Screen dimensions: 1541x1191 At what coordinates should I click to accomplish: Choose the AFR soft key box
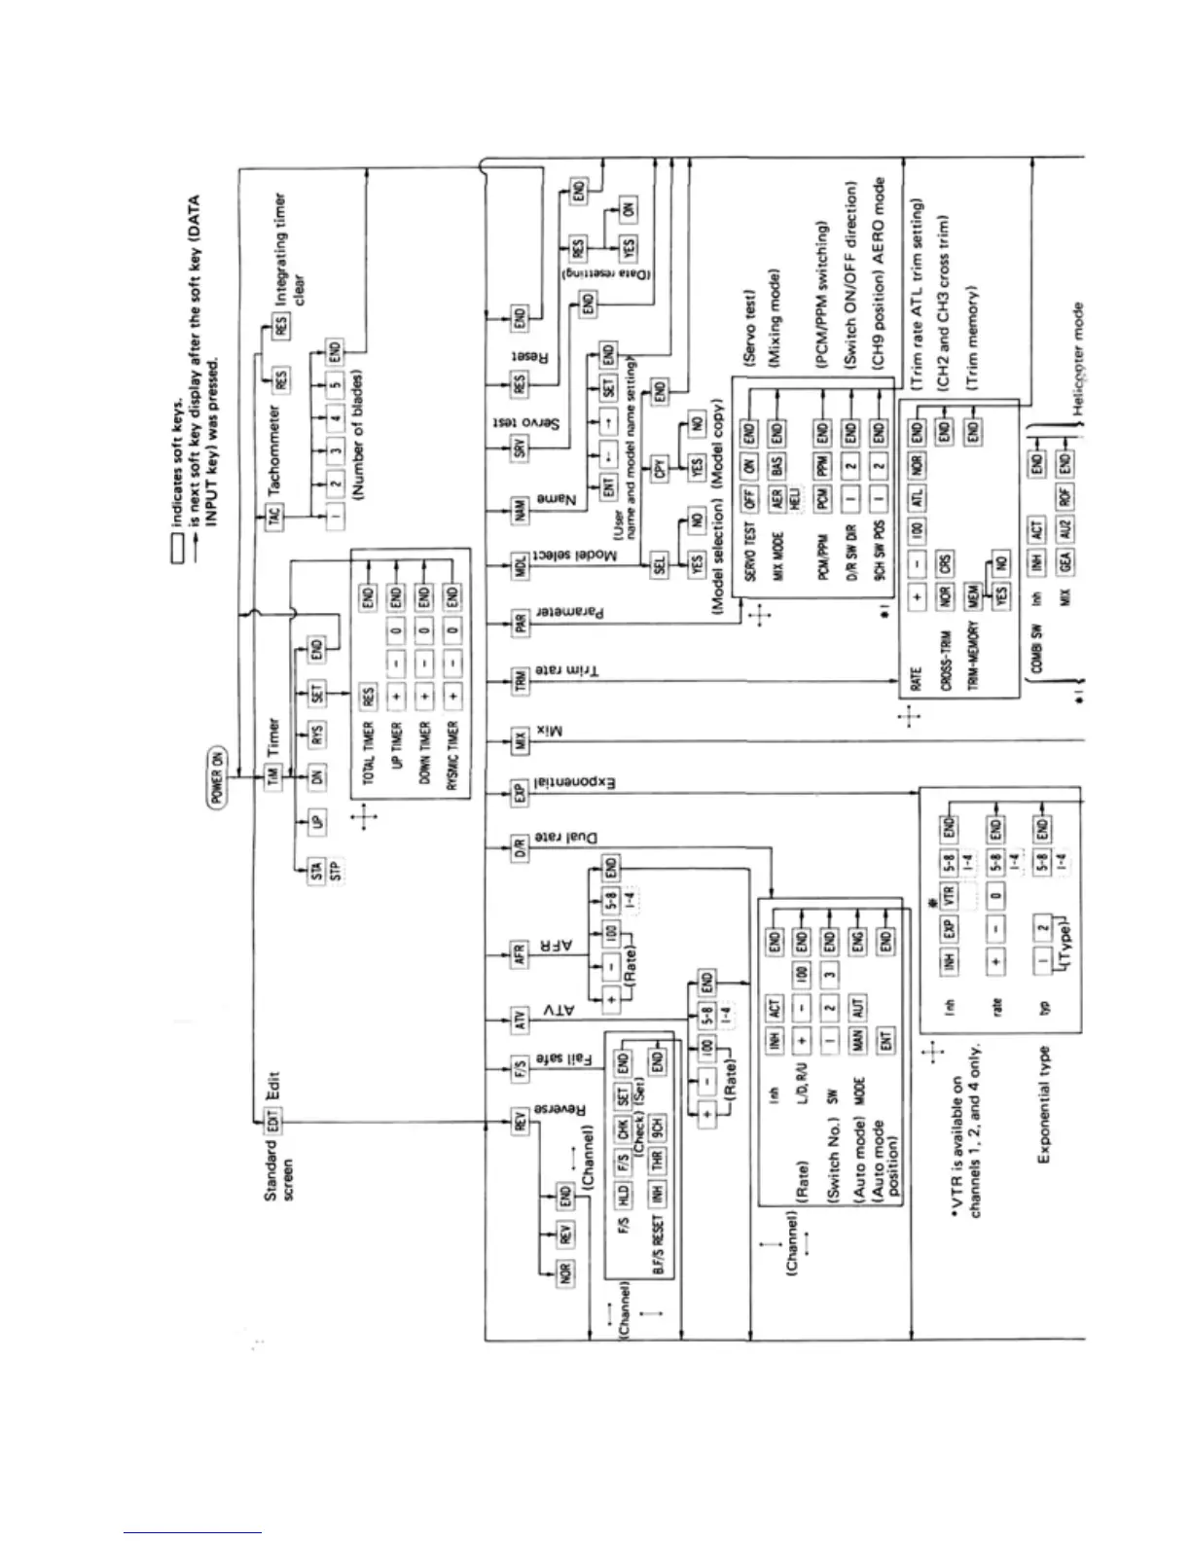[x=520, y=954]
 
